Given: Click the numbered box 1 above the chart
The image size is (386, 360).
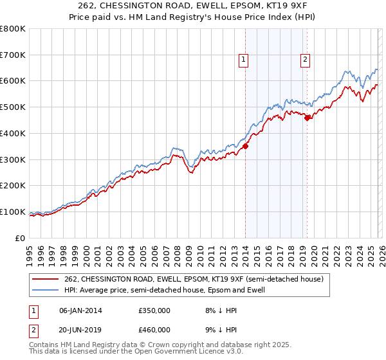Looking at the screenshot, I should (244, 60).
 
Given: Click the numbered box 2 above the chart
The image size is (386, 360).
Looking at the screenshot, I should (305, 60).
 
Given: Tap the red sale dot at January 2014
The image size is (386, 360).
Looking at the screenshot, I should (245, 146).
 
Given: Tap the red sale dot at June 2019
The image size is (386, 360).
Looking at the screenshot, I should (307, 117).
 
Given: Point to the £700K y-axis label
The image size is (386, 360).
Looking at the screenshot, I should (13, 55).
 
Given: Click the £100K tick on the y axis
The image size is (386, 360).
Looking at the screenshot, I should (13, 212).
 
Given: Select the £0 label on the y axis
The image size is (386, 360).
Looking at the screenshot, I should (20, 238).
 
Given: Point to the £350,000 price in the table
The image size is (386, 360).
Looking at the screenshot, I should (154, 310).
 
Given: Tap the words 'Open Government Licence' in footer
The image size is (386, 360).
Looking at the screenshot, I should (170, 353).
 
